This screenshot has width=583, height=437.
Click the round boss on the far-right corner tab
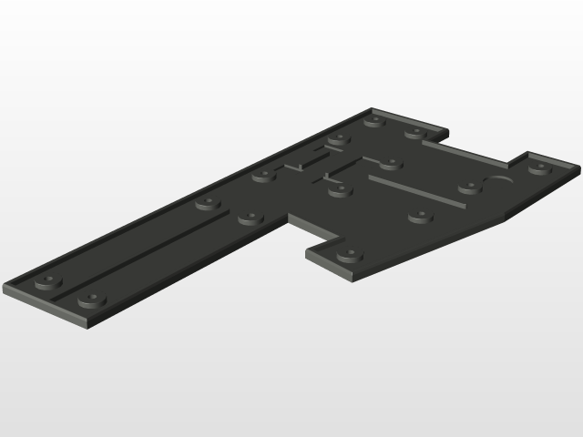539,168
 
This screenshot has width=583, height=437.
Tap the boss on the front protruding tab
347,256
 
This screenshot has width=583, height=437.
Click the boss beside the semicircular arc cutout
468,188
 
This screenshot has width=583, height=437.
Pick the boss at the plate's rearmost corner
373,119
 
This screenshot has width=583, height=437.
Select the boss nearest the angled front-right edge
420,217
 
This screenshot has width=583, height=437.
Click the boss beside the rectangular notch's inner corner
249,218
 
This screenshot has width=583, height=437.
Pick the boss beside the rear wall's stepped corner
414,133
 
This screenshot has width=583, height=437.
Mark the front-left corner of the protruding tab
308,254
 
